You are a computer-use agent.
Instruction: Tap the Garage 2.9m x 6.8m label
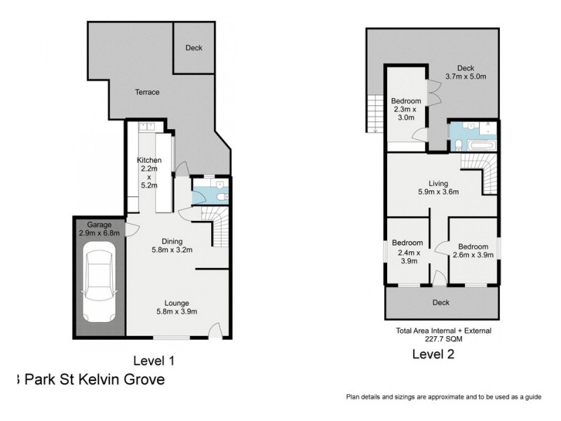[x=99, y=229]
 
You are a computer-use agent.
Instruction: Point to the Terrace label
[x=147, y=92]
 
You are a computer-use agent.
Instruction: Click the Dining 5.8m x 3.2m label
[x=172, y=244]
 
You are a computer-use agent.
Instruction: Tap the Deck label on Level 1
[x=194, y=48]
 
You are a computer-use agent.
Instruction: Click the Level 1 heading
[x=154, y=361]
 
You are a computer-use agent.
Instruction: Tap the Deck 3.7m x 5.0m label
[x=465, y=72]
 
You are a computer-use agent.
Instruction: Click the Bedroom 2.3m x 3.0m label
[x=406, y=109]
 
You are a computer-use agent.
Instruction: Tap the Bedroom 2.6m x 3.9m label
[x=473, y=250]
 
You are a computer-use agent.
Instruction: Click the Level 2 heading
[x=433, y=354]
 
